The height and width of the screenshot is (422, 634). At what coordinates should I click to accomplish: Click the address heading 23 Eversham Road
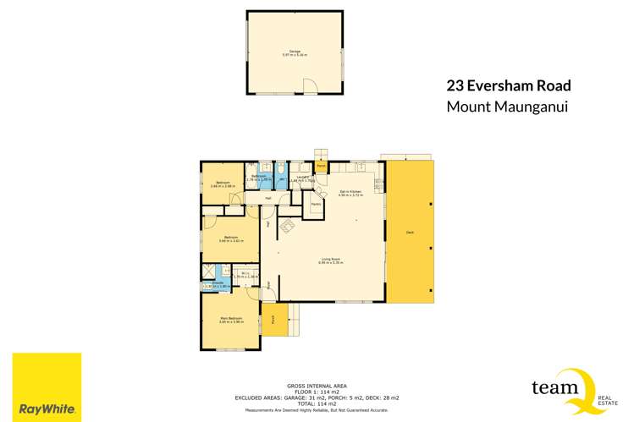509,85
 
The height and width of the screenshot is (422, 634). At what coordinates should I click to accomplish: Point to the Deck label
410,232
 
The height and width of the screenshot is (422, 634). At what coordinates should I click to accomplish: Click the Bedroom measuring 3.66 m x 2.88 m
223,184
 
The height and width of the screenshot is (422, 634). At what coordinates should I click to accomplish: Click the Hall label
268,199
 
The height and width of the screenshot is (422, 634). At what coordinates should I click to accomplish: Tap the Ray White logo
47,387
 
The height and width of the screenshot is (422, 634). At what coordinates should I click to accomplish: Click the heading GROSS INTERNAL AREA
317,385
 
